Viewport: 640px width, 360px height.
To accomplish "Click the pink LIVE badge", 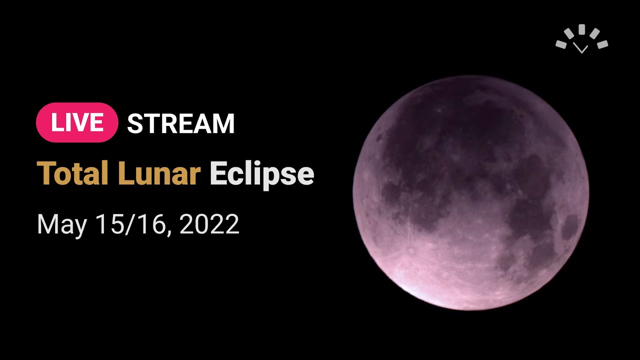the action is pos(77,122).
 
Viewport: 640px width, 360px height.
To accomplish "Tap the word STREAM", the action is pos(181,123).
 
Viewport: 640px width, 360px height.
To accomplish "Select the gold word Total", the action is pos(72,173).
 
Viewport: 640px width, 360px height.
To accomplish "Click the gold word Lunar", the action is pos(159,173).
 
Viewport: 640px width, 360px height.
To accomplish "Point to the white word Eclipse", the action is pos(262,174).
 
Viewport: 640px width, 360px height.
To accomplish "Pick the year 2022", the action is pos(209,224).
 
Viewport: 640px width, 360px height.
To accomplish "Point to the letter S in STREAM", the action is pos(135,123).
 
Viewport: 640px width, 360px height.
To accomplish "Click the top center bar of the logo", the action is pos(581,28).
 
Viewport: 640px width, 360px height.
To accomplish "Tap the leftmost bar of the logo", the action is pos(561,44).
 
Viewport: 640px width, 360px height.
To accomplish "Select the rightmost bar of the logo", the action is pos(602,44).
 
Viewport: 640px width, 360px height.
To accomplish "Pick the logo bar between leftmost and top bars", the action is pos(569,33).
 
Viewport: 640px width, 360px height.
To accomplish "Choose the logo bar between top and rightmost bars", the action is pos(594,33).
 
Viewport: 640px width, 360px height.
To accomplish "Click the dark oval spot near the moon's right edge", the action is pos(570,227).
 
